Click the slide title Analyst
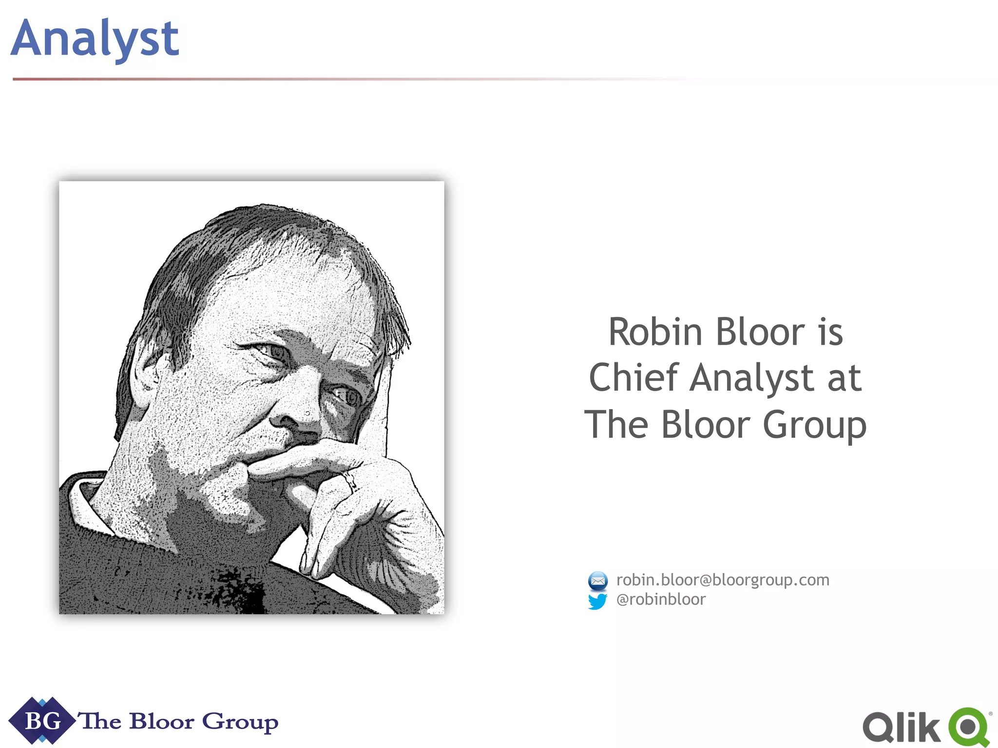[95, 39]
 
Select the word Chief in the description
[633, 378]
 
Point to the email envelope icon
[597, 580]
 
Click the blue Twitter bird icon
[597, 601]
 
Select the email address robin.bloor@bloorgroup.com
[722, 580]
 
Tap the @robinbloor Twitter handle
[660, 599]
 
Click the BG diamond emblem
[42, 721]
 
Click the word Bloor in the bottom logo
[161, 721]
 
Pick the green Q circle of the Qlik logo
[969, 727]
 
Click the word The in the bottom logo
[100, 721]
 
